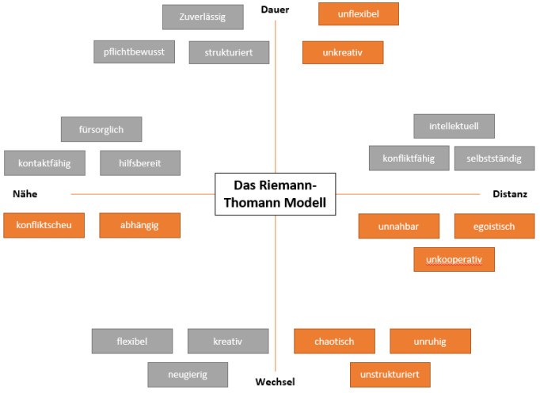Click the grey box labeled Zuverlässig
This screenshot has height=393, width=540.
click(x=202, y=17)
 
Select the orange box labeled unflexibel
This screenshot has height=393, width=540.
click(x=358, y=14)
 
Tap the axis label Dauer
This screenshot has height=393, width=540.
click(x=275, y=10)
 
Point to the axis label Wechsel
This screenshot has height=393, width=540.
click(x=275, y=382)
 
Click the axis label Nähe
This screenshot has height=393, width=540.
click(x=25, y=193)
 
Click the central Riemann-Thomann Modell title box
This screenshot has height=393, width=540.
click(x=275, y=193)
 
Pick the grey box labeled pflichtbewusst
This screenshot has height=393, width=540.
click(x=133, y=52)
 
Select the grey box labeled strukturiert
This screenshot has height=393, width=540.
click(x=230, y=52)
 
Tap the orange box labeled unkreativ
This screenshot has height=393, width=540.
click(x=342, y=52)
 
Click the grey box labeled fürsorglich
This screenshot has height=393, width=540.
click(x=101, y=128)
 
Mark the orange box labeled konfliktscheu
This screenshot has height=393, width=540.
click(x=44, y=225)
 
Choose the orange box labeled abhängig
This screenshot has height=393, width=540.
click(x=139, y=225)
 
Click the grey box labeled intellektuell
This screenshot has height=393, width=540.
click(x=454, y=126)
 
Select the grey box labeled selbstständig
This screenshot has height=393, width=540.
click(x=494, y=158)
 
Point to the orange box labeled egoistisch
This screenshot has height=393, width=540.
click(x=494, y=226)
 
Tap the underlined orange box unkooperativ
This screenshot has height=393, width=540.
click(x=454, y=259)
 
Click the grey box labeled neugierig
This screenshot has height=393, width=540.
click(x=188, y=374)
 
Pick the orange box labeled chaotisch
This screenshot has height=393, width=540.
click(x=333, y=341)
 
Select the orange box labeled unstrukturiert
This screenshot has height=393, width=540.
click(x=390, y=374)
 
